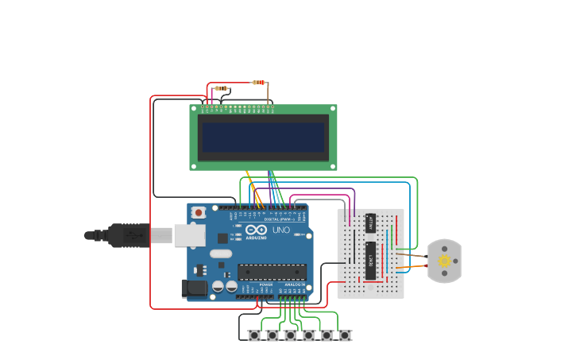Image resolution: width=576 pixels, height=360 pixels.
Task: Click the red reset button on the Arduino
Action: point(199,212)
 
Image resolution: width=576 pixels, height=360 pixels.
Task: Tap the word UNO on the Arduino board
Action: point(280,230)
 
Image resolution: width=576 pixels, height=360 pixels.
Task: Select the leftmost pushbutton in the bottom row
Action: point(254,335)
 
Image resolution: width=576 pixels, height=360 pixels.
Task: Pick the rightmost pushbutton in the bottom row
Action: point(345,335)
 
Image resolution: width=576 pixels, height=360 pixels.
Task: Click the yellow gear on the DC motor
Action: point(444,261)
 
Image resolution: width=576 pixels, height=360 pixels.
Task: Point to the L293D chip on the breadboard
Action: point(370,261)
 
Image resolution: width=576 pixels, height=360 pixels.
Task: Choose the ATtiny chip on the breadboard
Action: point(370,223)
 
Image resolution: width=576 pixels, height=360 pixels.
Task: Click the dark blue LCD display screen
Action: point(263,137)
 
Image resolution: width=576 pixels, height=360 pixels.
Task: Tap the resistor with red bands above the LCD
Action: point(258,83)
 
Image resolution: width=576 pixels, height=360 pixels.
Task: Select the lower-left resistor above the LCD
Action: point(222,88)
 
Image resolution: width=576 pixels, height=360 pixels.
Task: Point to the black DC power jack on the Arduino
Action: point(194,288)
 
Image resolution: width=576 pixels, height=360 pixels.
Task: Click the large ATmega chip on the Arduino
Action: point(272,273)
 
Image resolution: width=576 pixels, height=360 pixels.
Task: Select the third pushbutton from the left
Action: point(291,335)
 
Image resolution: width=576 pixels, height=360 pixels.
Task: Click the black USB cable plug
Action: point(127,235)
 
